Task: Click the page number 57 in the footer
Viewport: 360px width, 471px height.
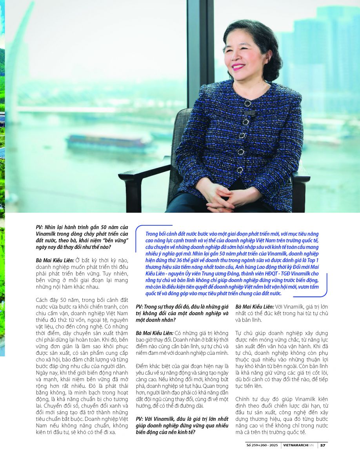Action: click(x=322, y=445)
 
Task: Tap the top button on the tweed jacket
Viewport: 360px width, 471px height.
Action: click(x=247, y=104)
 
